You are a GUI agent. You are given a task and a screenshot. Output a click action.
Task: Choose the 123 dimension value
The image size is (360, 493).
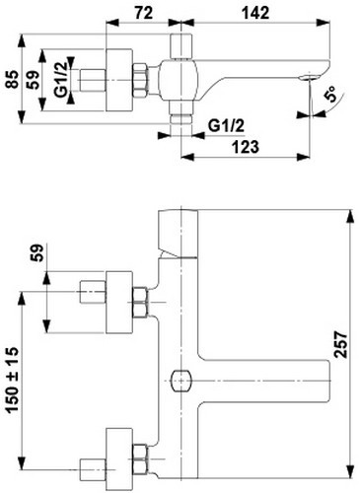[x=248, y=147]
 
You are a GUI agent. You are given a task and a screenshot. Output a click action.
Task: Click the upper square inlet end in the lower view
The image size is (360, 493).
[x=91, y=294]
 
